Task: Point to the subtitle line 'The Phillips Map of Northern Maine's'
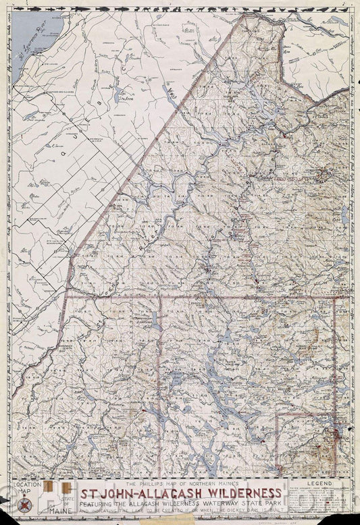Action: pyautogui.click(x=182, y=482)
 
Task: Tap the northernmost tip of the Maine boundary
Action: pyautogui.click(x=245, y=15)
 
